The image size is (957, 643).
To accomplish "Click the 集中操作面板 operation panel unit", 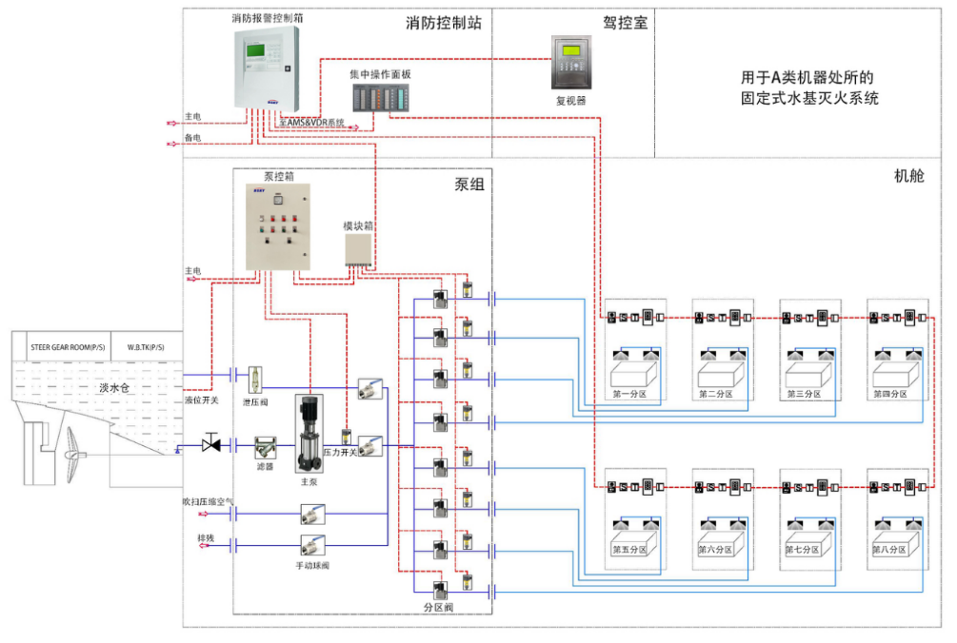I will click(x=379, y=97).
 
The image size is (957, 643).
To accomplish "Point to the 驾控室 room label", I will click(x=625, y=22).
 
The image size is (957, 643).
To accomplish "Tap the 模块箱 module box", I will click(x=358, y=249).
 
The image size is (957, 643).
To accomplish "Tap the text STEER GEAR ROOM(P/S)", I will click(x=68, y=348).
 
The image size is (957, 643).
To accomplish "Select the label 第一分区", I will click(x=629, y=393).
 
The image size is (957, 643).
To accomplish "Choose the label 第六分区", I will click(x=716, y=549).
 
